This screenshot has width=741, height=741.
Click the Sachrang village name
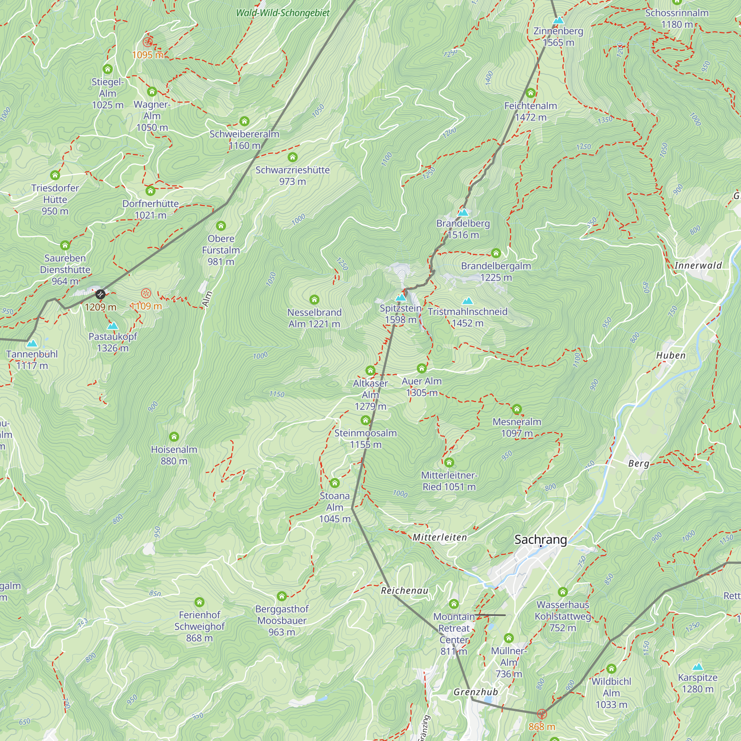[x=541, y=540]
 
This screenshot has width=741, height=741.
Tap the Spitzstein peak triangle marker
[x=401, y=297]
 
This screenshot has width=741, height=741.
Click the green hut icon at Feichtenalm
[x=531, y=93]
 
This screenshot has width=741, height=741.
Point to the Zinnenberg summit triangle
[x=558, y=20]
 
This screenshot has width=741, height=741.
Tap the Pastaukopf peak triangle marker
[x=112, y=326]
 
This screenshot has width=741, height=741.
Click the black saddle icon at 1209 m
[x=100, y=295]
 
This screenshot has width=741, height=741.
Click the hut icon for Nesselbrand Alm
[x=314, y=299]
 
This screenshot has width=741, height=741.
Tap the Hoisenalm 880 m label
[x=174, y=455]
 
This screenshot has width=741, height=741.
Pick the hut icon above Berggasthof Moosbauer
[x=282, y=596]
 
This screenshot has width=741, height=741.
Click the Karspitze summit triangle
[x=698, y=667]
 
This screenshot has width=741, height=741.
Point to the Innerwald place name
[x=698, y=265]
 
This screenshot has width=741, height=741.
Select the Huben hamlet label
[x=671, y=356]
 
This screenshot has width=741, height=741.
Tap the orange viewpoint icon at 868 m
[x=542, y=714]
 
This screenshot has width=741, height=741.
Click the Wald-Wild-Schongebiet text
[x=283, y=13]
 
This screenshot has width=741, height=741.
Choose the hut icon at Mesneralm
[x=516, y=409]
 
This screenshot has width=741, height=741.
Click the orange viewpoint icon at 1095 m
[x=148, y=42]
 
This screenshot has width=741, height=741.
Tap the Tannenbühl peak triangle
[x=32, y=343]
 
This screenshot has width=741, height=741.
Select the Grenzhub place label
[x=476, y=692]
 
